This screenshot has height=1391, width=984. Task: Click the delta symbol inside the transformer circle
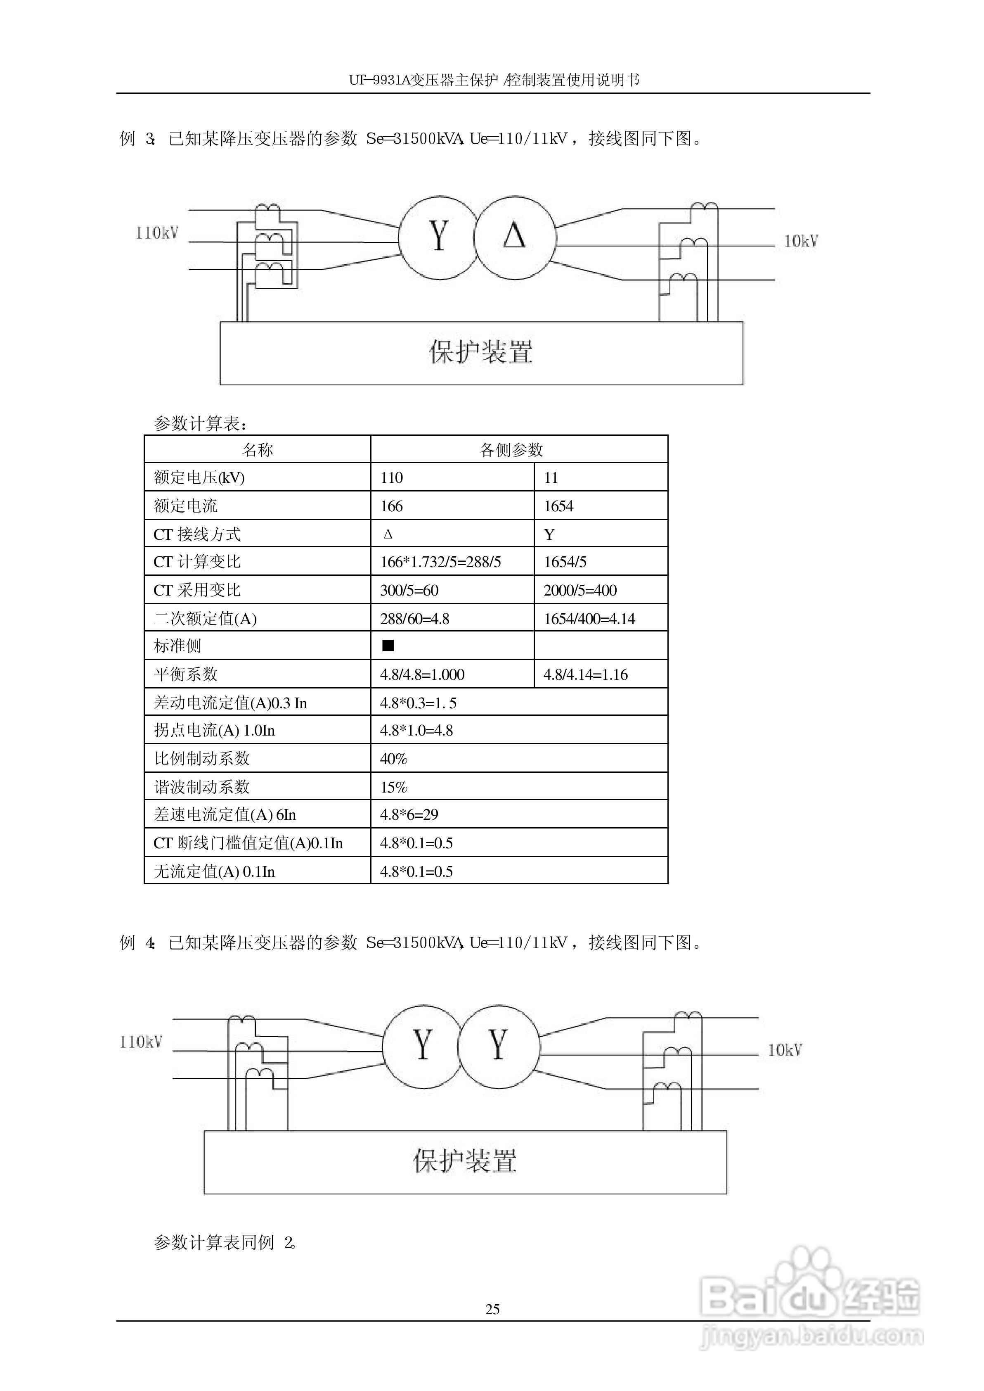(x=514, y=236)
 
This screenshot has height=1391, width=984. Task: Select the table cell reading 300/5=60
(x=409, y=590)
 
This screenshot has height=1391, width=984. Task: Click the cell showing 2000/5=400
(x=580, y=590)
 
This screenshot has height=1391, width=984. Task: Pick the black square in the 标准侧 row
(x=388, y=646)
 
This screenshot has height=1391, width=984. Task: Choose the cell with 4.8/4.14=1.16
(x=585, y=674)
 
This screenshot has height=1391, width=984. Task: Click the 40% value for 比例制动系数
(x=394, y=759)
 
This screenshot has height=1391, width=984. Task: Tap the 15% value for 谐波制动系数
(x=394, y=787)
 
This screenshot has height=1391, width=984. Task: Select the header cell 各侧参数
(x=511, y=450)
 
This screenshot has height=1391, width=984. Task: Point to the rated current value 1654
(x=558, y=506)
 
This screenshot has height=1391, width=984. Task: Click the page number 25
(x=492, y=1310)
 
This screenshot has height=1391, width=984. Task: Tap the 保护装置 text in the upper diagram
(x=481, y=352)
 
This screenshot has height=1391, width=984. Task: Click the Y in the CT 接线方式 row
(x=549, y=534)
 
